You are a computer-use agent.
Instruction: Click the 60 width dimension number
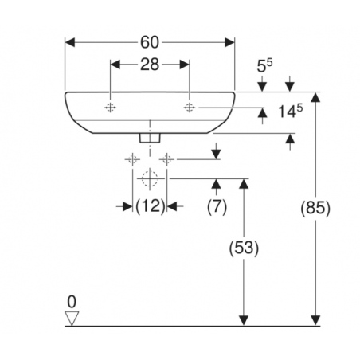(x=150, y=42)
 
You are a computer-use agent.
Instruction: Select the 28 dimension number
(x=150, y=65)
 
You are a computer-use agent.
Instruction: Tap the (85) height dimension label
(x=315, y=208)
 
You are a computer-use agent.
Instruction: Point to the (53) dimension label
(x=244, y=248)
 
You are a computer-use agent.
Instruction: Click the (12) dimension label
(x=151, y=206)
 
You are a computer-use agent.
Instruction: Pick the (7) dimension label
(x=217, y=206)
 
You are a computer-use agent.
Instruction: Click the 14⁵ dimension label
(x=290, y=111)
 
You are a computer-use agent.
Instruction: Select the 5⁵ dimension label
(x=264, y=65)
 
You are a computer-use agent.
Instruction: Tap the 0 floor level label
(x=72, y=302)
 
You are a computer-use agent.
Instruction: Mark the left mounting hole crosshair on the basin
(x=110, y=108)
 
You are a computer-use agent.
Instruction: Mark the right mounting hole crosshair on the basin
(x=190, y=108)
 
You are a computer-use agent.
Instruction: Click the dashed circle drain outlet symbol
(x=150, y=179)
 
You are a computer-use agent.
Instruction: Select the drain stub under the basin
(x=150, y=138)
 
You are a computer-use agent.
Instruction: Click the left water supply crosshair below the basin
(x=132, y=159)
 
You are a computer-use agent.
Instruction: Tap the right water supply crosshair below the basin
(x=166, y=159)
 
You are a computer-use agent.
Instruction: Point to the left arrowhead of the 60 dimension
(x=70, y=42)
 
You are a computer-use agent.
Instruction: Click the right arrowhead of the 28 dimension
(x=184, y=65)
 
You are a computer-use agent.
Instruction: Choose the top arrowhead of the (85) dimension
(x=315, y=97)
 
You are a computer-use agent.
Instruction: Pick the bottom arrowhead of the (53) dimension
(x=244, y=320)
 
